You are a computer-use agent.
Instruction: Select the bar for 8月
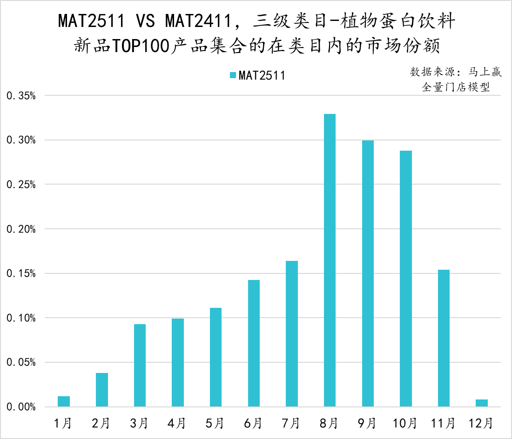tap(330, 260)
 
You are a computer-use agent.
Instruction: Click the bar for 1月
tap(64, 401)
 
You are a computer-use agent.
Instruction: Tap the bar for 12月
tap(482, 403)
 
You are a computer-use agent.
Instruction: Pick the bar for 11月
tap(444, 338)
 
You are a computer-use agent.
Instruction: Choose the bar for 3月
tap(140, 366)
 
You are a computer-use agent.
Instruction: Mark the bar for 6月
tap(254, 343)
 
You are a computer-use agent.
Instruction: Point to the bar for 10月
tap(405, 279)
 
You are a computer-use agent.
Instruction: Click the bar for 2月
tap(102, 390)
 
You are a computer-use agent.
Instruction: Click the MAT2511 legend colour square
tap(233, 75)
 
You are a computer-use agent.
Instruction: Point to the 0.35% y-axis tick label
tap(21, 96)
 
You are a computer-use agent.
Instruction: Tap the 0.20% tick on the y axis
tap(21, 229)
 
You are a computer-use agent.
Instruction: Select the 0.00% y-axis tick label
tap(21, 407)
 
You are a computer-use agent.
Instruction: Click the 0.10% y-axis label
tap(21, 318)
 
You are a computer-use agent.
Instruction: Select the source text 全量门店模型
tap(456, 87)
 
